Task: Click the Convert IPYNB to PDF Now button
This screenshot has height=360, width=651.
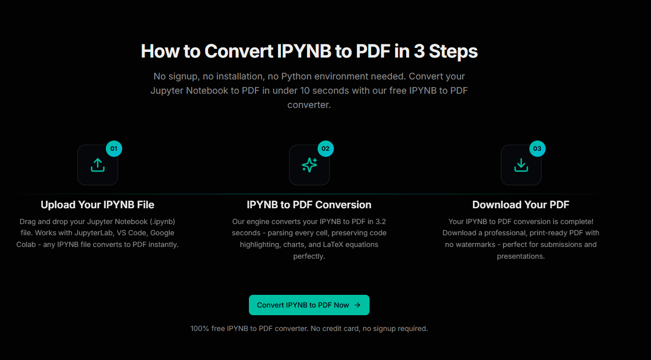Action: (308, 305)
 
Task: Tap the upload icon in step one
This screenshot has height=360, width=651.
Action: (98, 165)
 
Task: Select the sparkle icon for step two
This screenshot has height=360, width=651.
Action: (309, 165)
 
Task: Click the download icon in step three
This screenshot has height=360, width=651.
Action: (521, 165)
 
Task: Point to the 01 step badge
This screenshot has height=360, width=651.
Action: (114, 149)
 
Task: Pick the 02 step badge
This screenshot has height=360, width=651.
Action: (326, 149)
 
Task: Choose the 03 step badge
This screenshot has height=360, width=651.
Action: (537, 149)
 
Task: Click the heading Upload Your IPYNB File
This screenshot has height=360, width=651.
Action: (97, 205)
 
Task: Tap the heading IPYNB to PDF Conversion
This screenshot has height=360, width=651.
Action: (309, 205)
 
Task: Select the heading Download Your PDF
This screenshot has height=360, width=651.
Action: (521, 205)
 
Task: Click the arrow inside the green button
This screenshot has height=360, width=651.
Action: (357, 305)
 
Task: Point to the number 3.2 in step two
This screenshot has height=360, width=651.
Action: (380, 221)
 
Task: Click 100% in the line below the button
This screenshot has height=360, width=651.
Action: (200, 328)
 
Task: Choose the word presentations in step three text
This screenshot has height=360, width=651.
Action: (520, 256)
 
